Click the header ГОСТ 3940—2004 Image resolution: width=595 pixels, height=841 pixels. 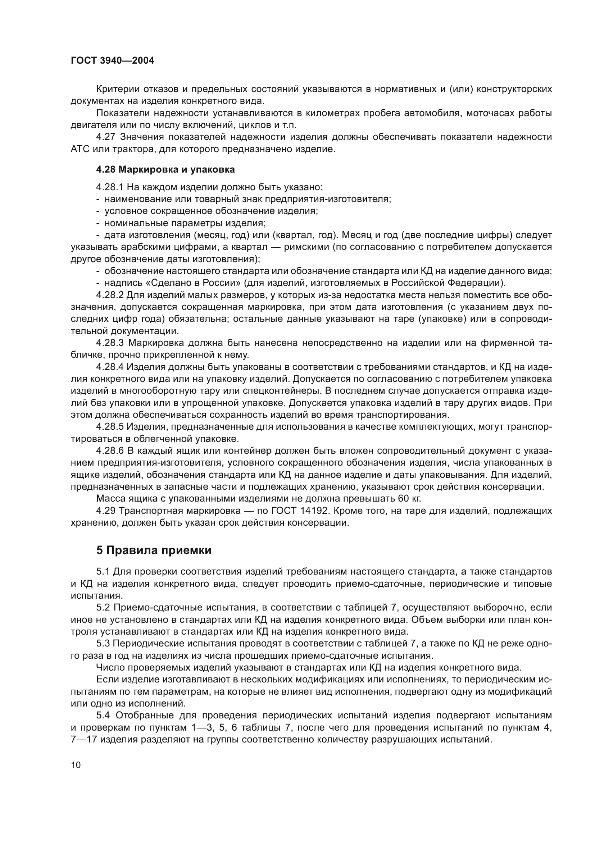[x=113, y=61]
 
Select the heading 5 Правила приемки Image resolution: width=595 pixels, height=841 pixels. [x=154, y=550]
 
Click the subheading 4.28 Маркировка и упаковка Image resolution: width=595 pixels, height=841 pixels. [x=165, y=170]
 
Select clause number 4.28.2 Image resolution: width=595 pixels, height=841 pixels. [x=110, y=295]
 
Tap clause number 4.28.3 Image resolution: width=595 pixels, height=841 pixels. [x=110, y=343]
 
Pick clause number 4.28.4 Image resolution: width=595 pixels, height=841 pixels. [x=110, y=367]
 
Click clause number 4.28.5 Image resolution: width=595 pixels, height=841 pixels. [x=110, y=427]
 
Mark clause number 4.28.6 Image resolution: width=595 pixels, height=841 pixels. [x=110, y=451]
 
